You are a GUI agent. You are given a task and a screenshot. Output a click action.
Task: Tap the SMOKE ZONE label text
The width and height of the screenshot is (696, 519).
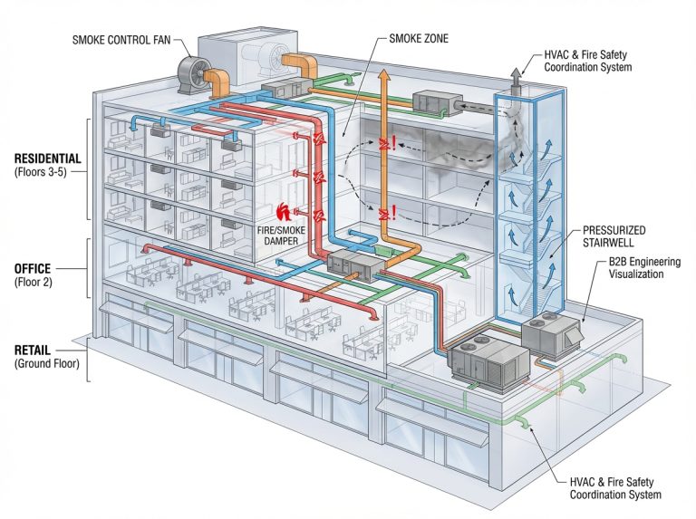[419, 39]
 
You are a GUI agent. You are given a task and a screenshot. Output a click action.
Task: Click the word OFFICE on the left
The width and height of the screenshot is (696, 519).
[32, 269]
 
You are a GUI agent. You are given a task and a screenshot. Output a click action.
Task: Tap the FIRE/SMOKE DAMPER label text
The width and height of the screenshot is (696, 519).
[275, 237]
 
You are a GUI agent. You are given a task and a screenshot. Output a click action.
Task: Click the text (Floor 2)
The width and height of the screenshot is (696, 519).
[34, 283]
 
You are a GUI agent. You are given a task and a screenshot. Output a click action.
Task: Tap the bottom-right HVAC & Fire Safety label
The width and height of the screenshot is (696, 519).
[615, 488]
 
